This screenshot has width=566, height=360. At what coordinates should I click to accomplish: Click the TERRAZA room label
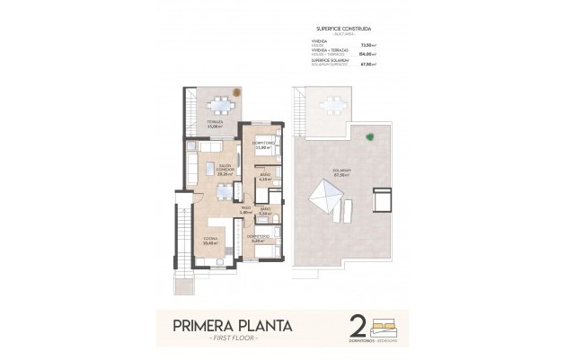pos(214,124)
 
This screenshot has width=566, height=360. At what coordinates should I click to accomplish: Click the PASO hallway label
pos(245,210)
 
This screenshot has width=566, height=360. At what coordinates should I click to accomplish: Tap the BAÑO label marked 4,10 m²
pos(264,176)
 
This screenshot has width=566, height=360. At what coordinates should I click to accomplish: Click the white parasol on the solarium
pos(324,194)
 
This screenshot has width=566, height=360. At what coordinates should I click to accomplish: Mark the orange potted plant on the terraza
pos(235,90)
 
